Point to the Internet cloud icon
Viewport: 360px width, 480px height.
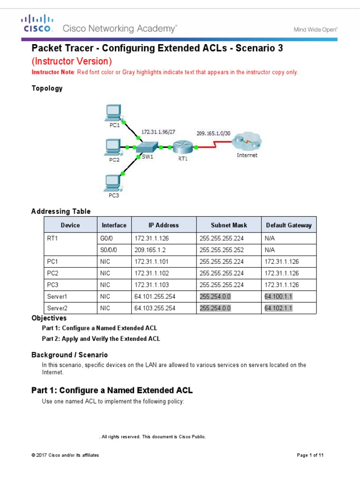pyautogui.click(x=247, y=142)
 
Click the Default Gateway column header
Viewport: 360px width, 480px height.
pyautogui.click(x=288, y=225)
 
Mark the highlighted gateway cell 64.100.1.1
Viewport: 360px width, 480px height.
pyautogui.click(x=278, y=297)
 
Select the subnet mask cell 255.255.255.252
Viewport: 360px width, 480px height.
pyautogui.click(x=222, y=250)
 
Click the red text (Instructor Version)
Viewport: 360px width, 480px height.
pyautogui.click(x=72, y=61)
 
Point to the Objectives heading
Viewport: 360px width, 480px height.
pyautogui.click(x=49, y=318)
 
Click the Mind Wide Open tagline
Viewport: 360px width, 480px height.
pyautogui.click(x=315, y=29)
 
